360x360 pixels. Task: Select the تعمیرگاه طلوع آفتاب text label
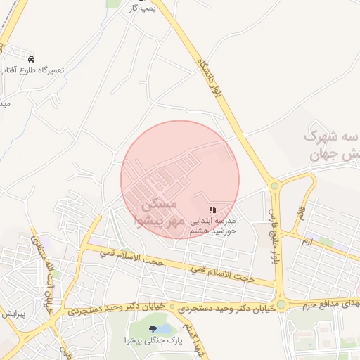34,70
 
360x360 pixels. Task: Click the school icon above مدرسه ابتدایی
212,210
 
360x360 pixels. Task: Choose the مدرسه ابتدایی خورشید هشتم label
212,225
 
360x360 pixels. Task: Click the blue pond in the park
164,328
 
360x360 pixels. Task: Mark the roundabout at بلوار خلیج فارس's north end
274,186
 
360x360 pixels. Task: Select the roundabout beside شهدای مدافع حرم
281,304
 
